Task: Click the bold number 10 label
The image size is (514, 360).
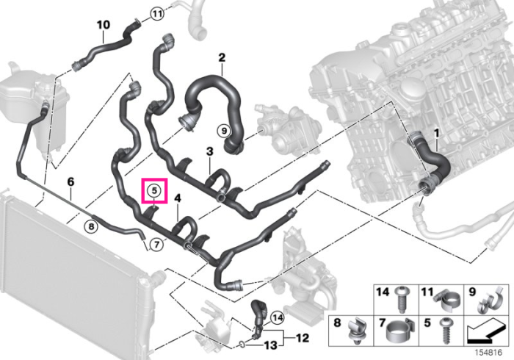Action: (x=104, y=25)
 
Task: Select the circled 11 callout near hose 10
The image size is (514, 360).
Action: (x=157, y=14)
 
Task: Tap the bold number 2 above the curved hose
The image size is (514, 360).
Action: (x=222, y=58)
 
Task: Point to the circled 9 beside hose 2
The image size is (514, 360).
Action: (x=224, y=132)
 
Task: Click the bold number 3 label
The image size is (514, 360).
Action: (x=209, y=151)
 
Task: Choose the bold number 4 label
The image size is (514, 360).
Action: (x=178, y=198)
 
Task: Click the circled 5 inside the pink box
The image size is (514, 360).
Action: (x=154, y=191)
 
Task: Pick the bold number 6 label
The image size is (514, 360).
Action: (x=70, y=181)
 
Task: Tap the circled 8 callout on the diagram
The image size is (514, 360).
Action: (x=91, y=226)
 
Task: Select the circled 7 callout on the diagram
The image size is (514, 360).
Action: (x=156, y=244)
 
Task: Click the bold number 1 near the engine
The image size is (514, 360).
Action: (x=436, y=134)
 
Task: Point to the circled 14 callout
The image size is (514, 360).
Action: (x=278, y=317)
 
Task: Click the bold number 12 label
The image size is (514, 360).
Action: (x=302, y=338)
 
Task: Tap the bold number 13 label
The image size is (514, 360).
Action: (x=271, y=345)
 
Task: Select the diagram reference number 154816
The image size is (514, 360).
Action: (x=489, y=353)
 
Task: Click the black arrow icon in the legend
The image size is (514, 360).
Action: (x=485, y=333)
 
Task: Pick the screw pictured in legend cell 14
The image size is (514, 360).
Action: (x=402, y=300)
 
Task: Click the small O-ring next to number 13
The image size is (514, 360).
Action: (x=241, y=345)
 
